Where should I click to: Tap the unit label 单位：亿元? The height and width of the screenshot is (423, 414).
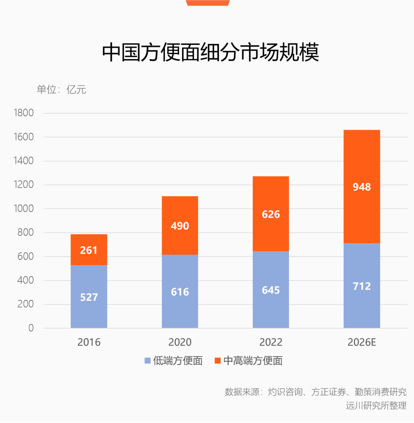61,89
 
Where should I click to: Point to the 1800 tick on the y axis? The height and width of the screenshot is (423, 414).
23,113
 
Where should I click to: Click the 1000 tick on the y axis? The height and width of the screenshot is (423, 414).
23,209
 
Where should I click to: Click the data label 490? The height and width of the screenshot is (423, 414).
180,226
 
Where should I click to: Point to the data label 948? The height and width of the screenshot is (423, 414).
361,187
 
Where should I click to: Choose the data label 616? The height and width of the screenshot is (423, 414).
180,292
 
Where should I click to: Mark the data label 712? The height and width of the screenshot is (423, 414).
361,286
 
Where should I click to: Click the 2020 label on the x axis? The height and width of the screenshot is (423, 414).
180,342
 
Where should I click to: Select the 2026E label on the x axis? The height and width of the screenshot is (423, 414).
361,342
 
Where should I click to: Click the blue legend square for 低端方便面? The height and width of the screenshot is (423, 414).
148,361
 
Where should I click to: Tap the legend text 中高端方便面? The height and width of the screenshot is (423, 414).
253,361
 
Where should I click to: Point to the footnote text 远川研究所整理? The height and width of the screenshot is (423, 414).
376,405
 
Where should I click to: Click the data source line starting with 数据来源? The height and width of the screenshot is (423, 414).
315,392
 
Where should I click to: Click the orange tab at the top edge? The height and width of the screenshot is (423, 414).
208,3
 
